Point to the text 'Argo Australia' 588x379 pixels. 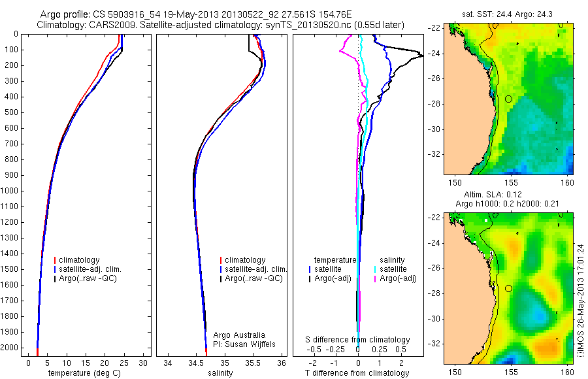240,335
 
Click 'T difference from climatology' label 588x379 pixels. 357,373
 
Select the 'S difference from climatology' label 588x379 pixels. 358,340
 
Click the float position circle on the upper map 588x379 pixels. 508,99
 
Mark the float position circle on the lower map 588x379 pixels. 508,288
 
